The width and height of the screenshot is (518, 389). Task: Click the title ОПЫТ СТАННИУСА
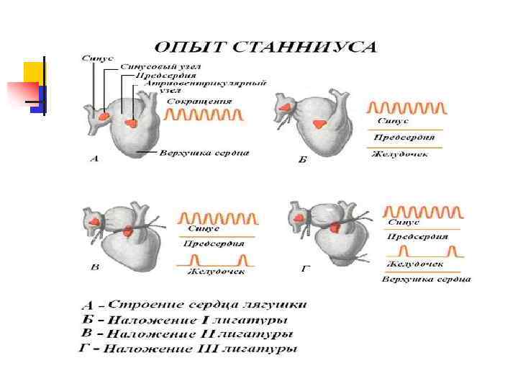click(266, 48)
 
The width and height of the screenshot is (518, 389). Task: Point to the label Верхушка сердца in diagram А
click(204, 153)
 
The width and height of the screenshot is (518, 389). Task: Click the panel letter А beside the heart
click(94, 158)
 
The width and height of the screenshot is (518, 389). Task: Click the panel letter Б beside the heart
click(302, 159)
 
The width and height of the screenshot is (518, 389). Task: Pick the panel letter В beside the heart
click(94, 268)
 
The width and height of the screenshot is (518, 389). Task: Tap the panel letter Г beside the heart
click(305, 269)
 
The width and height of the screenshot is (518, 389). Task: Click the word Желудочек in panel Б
click(400, 153)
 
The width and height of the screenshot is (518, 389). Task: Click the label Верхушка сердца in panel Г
click(426, 279)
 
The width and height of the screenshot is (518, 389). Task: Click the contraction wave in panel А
click(204, 115)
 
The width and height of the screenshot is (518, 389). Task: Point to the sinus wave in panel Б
click(406, 109)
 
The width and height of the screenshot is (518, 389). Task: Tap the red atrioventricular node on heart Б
click(317, 124)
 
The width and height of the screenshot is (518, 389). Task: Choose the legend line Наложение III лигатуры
click(187, 349)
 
